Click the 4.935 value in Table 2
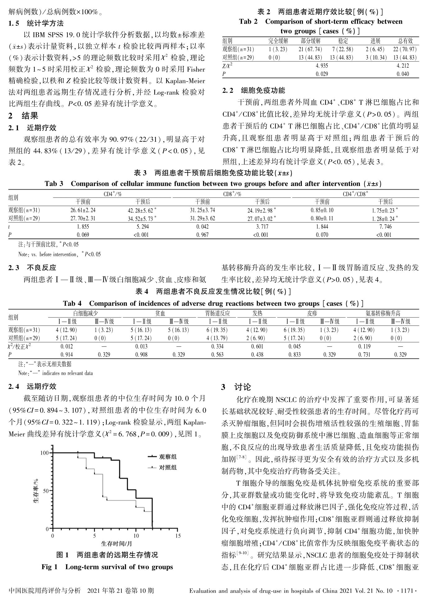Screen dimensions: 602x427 tap(321, 66)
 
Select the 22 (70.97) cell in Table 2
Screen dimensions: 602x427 tap(405, 49)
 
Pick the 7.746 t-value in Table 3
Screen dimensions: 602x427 tap(385, 227)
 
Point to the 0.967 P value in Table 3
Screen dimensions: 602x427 tap(202, 235)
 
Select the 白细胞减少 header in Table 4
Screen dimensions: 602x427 tap(85, 313)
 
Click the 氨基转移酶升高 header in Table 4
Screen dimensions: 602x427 tap(383, 313)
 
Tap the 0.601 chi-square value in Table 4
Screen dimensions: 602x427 tap(257, 346)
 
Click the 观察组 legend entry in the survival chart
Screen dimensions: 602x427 tap(168, 456)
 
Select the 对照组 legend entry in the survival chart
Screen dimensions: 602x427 tap(168, 467)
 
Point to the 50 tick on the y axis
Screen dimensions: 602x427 tap(45, 491)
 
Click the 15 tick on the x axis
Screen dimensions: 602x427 tap(178, 536)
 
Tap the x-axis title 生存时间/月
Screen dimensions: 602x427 tap(116, 544)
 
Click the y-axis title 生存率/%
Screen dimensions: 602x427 tap(36, 491)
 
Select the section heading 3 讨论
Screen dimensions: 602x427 tap(236, 387)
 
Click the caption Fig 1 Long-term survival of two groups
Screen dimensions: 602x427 tap(107, 567)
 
